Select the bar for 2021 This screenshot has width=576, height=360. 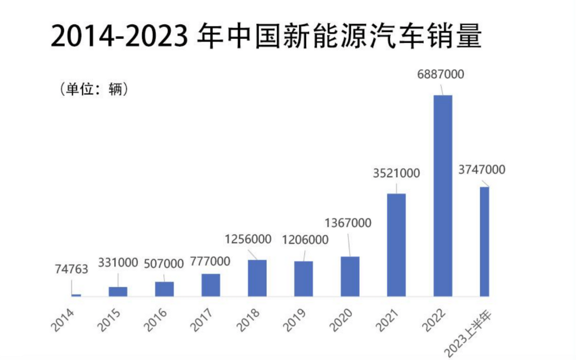[x=396, y=245]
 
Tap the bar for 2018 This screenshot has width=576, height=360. [x=257, y=278]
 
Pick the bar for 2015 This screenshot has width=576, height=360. [x=118, y=291]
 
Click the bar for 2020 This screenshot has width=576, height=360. [x=350, y=276]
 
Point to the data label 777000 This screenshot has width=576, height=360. [x=210, y=262]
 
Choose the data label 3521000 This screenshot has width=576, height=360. [x=396, y=173]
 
